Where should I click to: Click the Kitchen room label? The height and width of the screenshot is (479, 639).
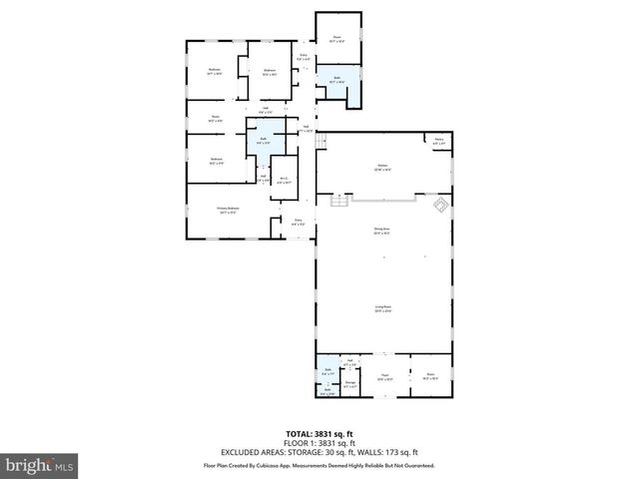(382, 167)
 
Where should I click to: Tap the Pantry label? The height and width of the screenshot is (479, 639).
(438, 142)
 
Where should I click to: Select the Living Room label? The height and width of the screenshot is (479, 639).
(382, 309)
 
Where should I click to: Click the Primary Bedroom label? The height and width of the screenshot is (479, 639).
(229, 209)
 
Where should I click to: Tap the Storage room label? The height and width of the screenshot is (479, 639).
(350, 382)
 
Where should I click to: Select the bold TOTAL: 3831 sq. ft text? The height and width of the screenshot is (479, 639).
(319, 434)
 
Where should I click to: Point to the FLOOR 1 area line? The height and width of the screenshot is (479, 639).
(319, 443)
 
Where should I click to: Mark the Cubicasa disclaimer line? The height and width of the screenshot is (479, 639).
(319, 464)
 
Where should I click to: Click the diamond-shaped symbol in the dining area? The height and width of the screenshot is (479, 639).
(437, 206)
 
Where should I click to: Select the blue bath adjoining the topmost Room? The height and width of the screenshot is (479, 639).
(337, 82)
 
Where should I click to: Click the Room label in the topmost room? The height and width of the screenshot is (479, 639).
(337, 39)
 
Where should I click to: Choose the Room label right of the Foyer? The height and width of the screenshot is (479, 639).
(430, 377)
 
